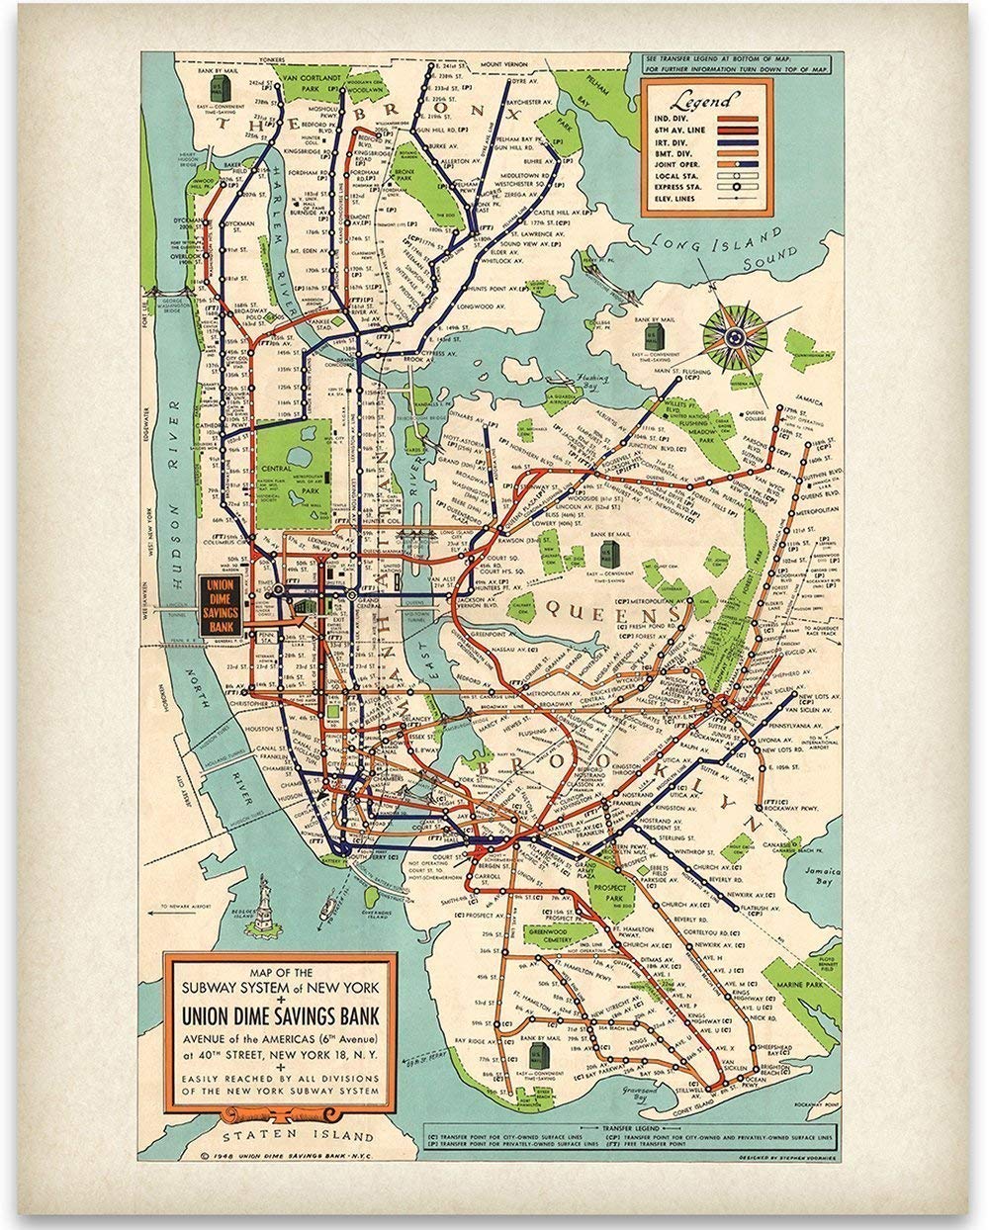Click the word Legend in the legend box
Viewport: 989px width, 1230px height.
pos(703,102)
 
